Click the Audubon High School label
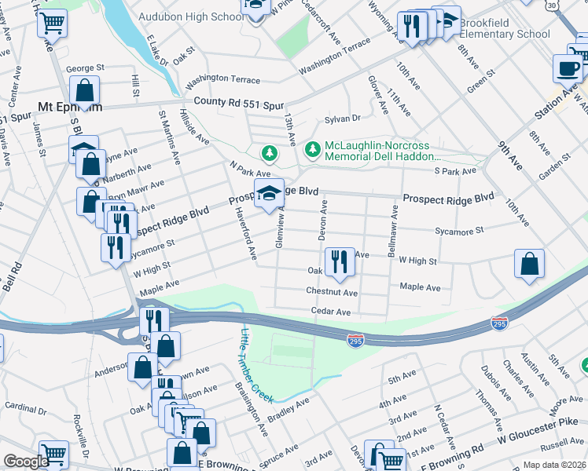[191, 16]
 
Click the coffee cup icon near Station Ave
[567, 68]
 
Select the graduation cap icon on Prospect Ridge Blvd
[269, 193]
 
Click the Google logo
[26, 462]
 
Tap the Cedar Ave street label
[330, 312]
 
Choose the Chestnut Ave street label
[332, 292]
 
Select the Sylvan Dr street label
[343, 119]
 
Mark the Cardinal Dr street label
[25, 408]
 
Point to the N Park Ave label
[250, 169]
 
